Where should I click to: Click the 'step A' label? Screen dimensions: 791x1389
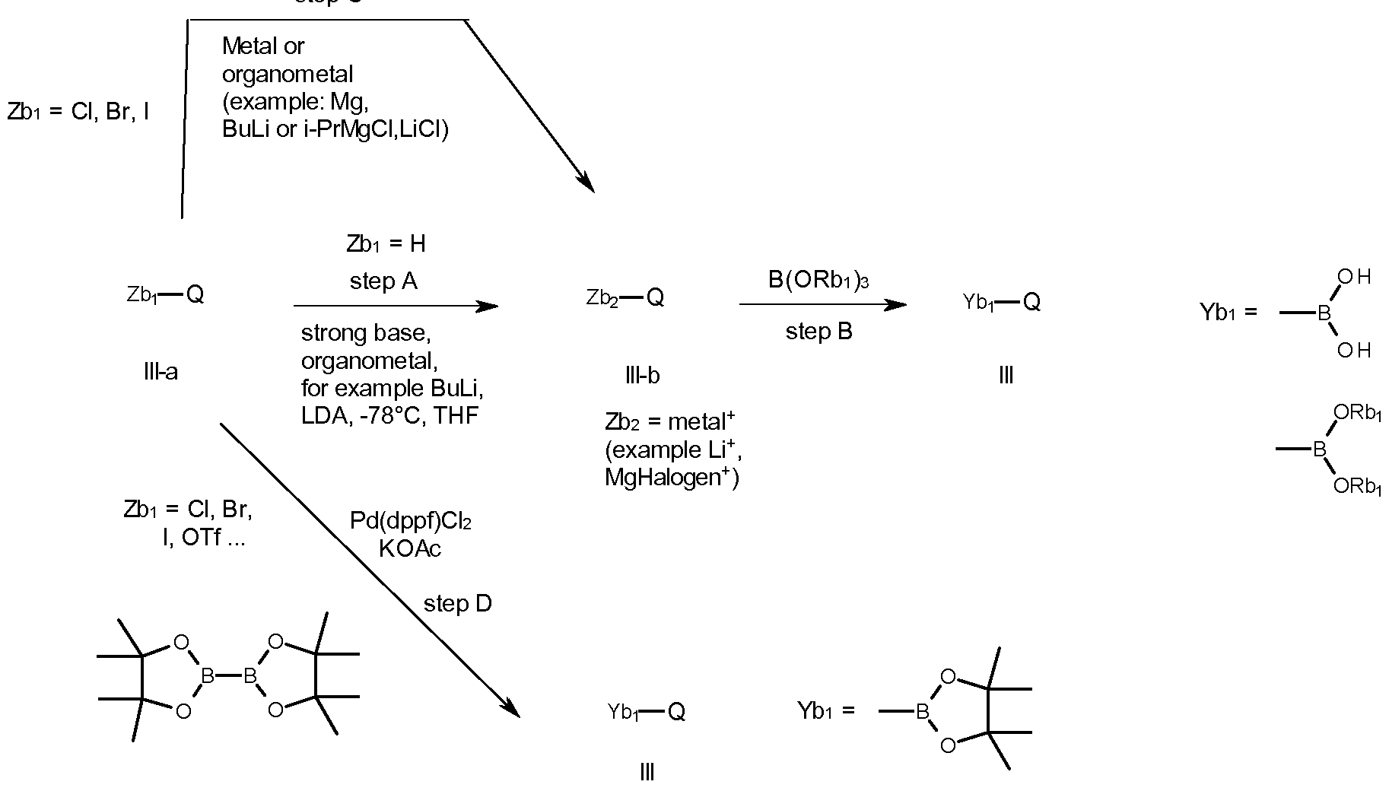pyautogui.click(x=383, y=282)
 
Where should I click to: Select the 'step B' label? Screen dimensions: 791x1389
pyautogui.click(x=818, y=332)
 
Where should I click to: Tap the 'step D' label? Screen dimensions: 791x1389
pyautogui.click(x=457, y=604)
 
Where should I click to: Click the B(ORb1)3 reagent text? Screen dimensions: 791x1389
pyautogui.click(x=818, y=281)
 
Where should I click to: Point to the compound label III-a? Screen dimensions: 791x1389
pyautogui.click(x=161, y=372)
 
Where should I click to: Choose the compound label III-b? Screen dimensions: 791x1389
pyautogui.click(x=642, y=375)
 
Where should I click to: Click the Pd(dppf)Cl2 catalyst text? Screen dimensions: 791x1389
pyautogui.click(x=410, y=521)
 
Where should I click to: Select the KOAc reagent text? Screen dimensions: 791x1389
pyautogui.click(x=410, y=548)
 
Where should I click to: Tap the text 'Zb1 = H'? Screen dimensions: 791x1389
pyautogui.click(x=386, y=244)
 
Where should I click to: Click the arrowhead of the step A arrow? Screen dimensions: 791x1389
pyautogui.click(x=489, y=307)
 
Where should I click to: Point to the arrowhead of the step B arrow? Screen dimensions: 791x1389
pyautogui.click(x=898, y=305)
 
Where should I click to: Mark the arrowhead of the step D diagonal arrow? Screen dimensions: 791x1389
pyautogui.click(x=511, y=710)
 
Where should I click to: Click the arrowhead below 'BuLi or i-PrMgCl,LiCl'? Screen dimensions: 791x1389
pyautogui.click(x=586, y=185)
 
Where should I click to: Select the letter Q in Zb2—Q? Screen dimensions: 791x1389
pyautogui.click(x=655, y=298)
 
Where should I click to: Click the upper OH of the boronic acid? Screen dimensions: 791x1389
pyautogui.click(x=1353, y=278)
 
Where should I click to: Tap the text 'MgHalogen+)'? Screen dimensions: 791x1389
pyautogui.click(x=672, y=478)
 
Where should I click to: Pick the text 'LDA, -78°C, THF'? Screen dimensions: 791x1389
pyautogui.click(x=389, y=416)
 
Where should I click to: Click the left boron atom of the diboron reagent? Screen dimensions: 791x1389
pyautogui.click(x=207, y=675)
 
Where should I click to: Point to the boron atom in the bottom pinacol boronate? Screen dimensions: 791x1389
pyautogui.click(x=923, y=712)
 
